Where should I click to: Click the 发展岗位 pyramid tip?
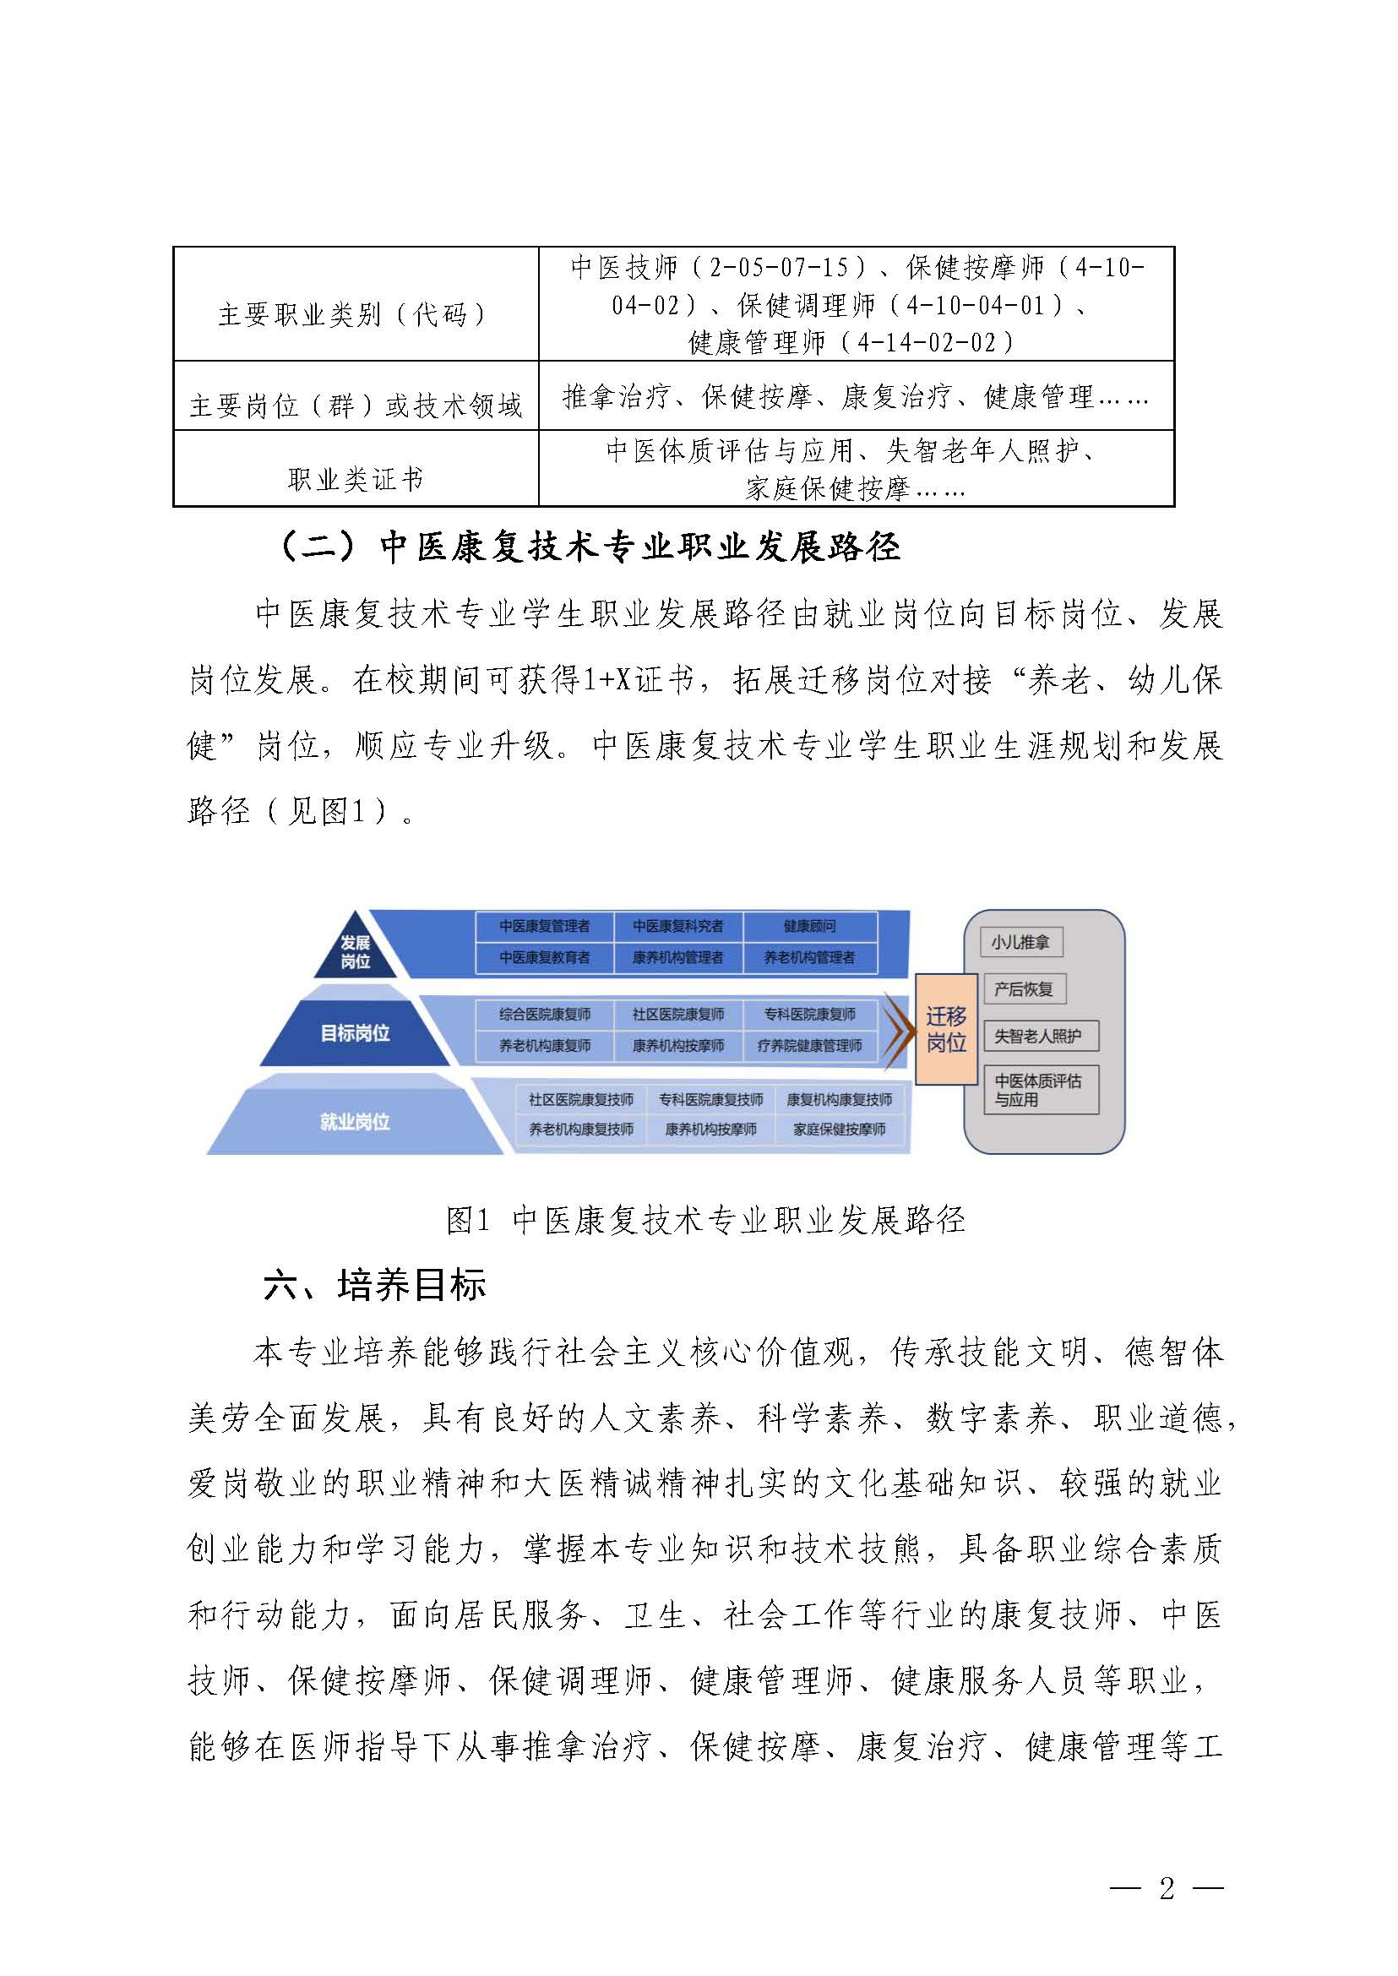tap(355, 951)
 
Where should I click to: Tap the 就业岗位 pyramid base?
tap(355, 1121)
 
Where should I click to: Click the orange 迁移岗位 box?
tap(946, 1029)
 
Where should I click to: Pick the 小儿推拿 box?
tap(1020, 942)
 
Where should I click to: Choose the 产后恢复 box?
tap(1024, 989)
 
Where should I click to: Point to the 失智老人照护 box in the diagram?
tap(1040, 1036)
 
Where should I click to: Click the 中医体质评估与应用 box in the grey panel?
tap(1040, 1090)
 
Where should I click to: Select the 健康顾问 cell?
tap(809, 927)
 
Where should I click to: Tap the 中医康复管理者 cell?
tap(545, 927)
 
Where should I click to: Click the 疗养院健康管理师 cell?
tap(809, 1046)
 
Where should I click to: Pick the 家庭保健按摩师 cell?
tap(840, 1130)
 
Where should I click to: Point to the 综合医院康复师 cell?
tap(545, 1015)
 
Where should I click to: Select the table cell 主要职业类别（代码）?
tap(355, 314)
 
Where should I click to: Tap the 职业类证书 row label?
tap(355, 479)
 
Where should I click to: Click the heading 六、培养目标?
tap(374, 1285)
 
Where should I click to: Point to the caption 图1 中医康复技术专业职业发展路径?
tap(705, 1220)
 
